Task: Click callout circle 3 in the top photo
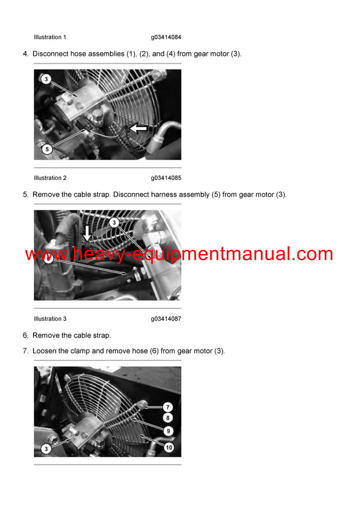[x=46, y=79]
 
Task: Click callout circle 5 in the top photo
[x=46, y=149]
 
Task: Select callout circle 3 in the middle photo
[x=114, y=222]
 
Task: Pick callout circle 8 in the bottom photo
[x=168, y=418]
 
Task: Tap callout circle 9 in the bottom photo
[x=168, y=429]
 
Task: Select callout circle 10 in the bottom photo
[x=168, y=447]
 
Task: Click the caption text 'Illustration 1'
[x=50, y=38]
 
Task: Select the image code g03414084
[x=166, y=38]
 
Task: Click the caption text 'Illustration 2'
[x=50, y=178]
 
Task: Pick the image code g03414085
[x=166, y=178]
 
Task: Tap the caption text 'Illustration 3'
[x=50, y=319]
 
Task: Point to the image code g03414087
[x=166, y=319]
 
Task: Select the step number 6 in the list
[x=25, y=335]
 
